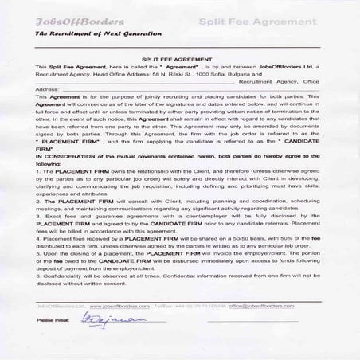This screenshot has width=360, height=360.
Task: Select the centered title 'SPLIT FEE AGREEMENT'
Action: point(179,60)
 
